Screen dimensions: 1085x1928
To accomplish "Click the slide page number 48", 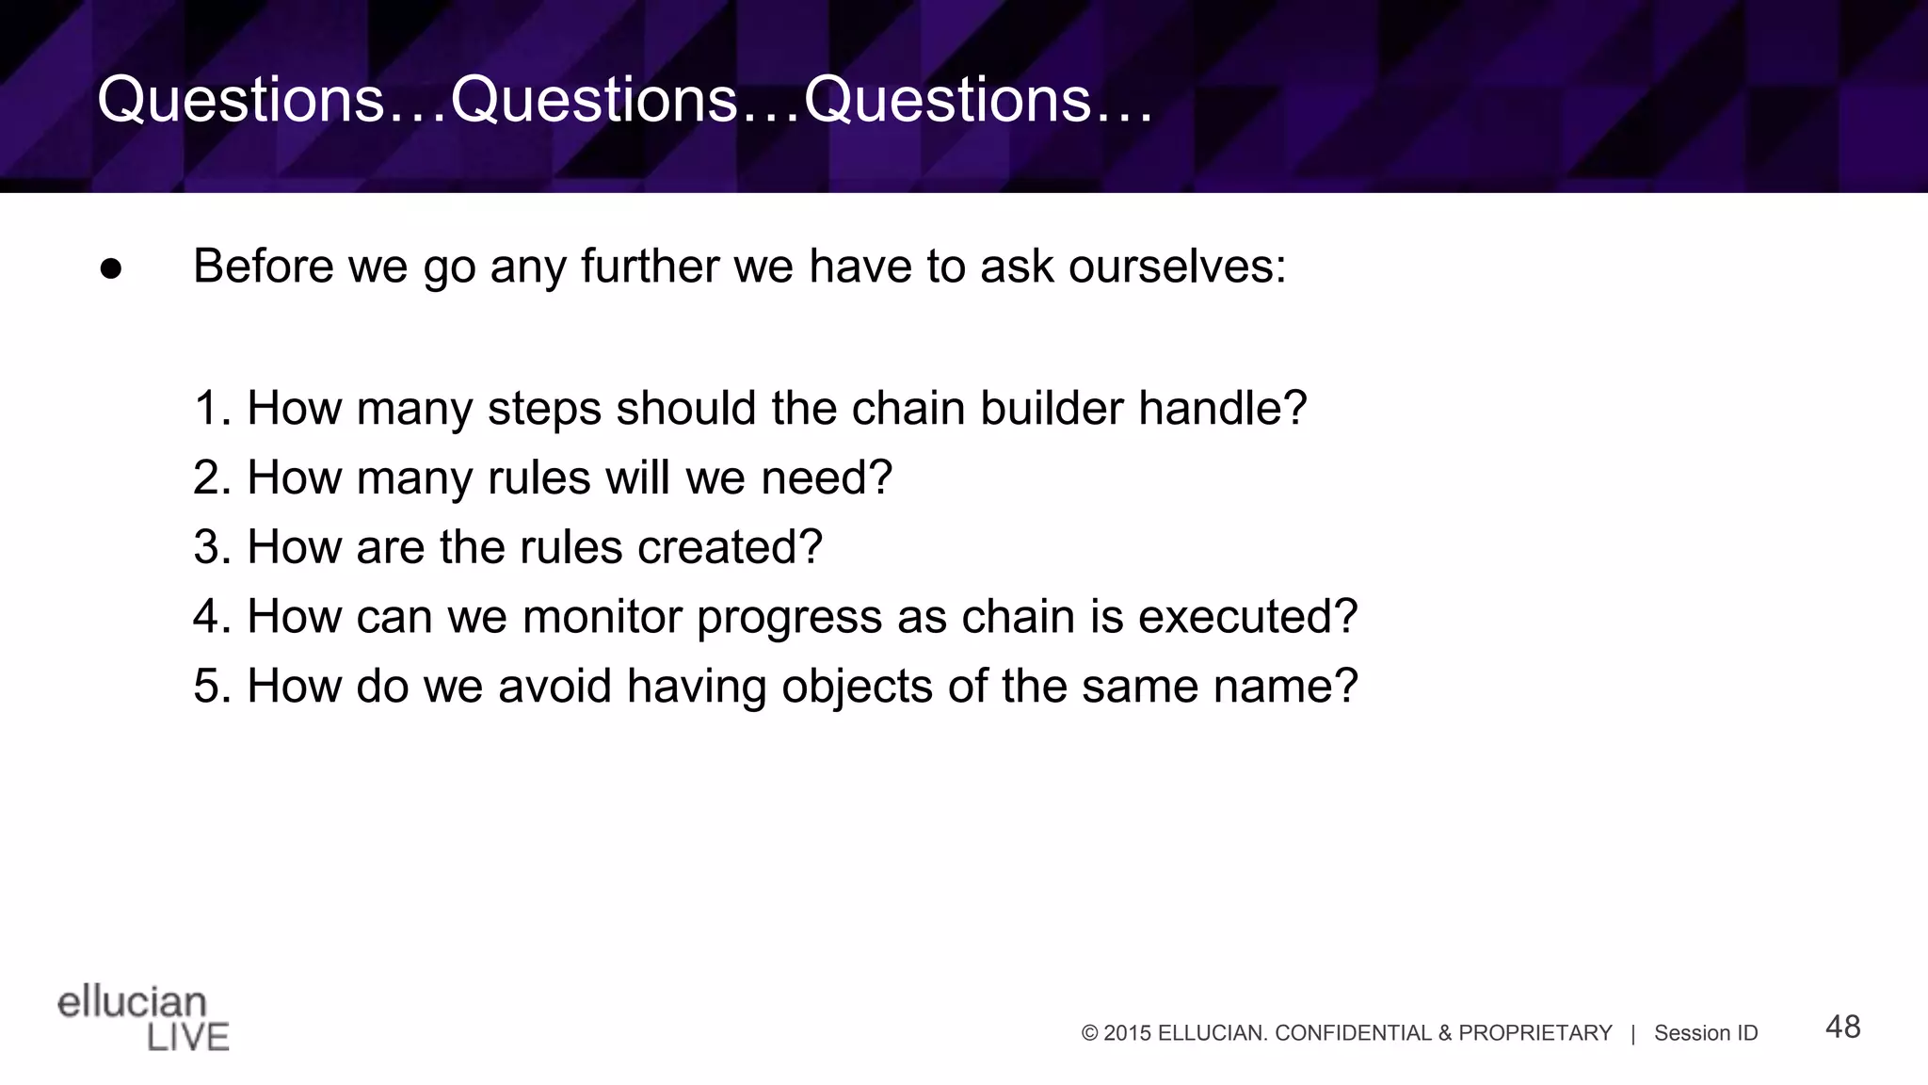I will pos(1842,1027).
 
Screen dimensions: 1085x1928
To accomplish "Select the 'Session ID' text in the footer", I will pos(1706,1033).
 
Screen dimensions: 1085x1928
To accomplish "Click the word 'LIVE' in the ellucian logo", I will pos(188,1038).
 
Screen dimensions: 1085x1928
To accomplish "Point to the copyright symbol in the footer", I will pos(1090,1033).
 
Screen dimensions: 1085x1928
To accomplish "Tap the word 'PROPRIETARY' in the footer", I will pos(1534,1033).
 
